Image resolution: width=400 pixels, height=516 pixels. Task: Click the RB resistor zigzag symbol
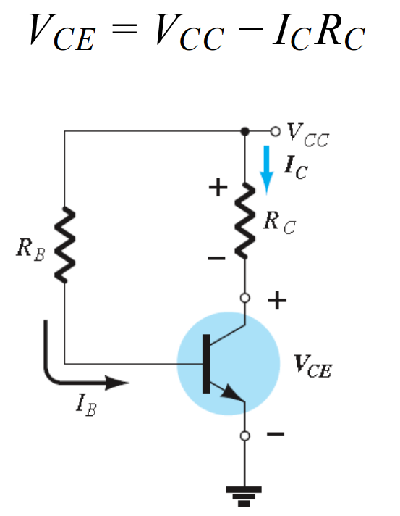(x=64, y=244)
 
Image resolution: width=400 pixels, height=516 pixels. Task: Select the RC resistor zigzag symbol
(x=245, y=220)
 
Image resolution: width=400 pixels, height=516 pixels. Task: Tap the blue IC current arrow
(x=266, y=170)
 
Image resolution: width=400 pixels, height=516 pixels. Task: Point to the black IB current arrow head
(x=117, y=383)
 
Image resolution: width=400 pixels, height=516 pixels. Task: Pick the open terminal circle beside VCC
(x=276, y=131)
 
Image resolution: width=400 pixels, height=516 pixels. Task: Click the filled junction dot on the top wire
(x=244, y=131)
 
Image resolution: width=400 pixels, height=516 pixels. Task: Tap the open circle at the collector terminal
(x=244, y=298)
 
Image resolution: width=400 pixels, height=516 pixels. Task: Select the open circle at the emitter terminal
(x=244, y=436)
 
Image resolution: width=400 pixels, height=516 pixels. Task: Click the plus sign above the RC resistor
(x=218, y=188)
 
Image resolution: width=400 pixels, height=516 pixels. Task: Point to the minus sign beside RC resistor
(x=217, y=258)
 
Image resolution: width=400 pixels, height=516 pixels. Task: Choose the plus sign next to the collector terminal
(x=277, y=300)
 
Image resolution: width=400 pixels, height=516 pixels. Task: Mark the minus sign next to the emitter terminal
(x=276, y=433)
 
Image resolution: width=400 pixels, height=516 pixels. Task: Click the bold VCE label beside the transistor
(x=312, y=365)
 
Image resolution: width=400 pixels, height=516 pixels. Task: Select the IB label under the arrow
(x=86, y=405)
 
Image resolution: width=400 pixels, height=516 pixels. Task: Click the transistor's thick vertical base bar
(x=206, y=364)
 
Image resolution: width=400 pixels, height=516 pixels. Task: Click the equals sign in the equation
(x=124, y=28)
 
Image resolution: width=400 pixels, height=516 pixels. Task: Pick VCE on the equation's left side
(x=62, y=32)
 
